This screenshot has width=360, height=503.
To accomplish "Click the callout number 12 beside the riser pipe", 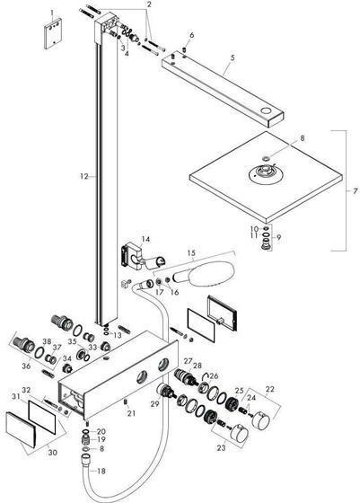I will (x=82, y=178).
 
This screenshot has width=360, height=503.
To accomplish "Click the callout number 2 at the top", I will (x=150, y=4).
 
